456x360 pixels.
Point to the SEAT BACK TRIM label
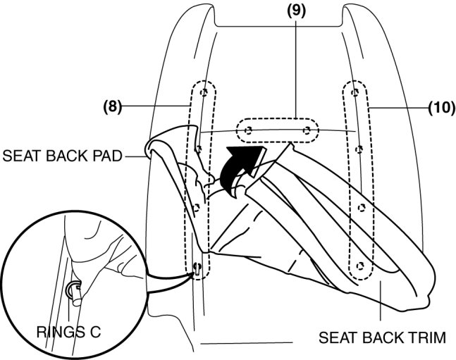click(382, 337)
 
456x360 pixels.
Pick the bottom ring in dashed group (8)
click(197, 267)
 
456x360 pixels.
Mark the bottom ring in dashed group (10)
click(361, 266)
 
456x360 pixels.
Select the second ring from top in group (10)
click(359, 149)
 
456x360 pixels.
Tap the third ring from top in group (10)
click(361, 207)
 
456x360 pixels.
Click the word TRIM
click(429, 337)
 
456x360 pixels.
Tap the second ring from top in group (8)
click(200, 149)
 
